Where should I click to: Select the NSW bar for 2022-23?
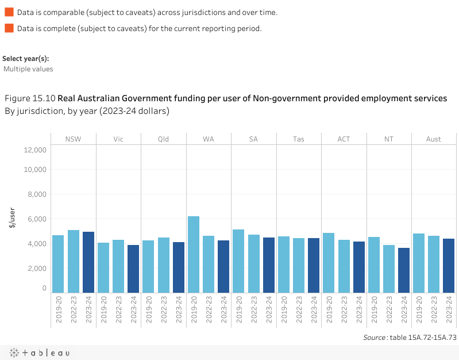(74, 262)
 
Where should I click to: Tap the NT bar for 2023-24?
(404, 270)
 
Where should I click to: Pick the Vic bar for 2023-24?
(133, 269)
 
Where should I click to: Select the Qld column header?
(164, 139)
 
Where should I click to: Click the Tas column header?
(299, 139)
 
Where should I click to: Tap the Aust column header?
(434, 139)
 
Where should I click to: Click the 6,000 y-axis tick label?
(37, 219)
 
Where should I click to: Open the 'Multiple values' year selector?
(28, 69)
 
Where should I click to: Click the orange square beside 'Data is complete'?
(9, 28)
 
